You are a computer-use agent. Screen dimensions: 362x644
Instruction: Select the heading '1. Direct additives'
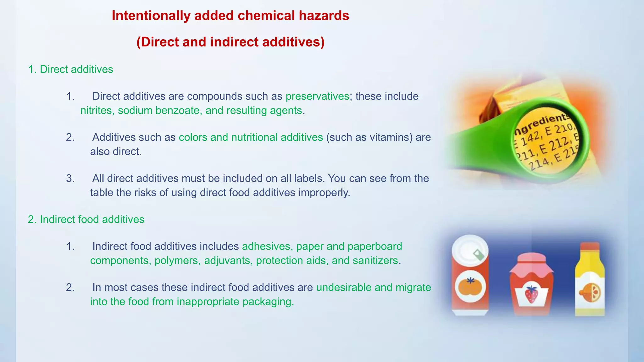click(70, 69)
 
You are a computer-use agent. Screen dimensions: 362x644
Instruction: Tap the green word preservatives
click(317, 96)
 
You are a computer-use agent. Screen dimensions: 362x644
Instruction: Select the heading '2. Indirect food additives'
click(86, 219)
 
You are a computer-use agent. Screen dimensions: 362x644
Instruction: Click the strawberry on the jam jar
click(531, 294)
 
